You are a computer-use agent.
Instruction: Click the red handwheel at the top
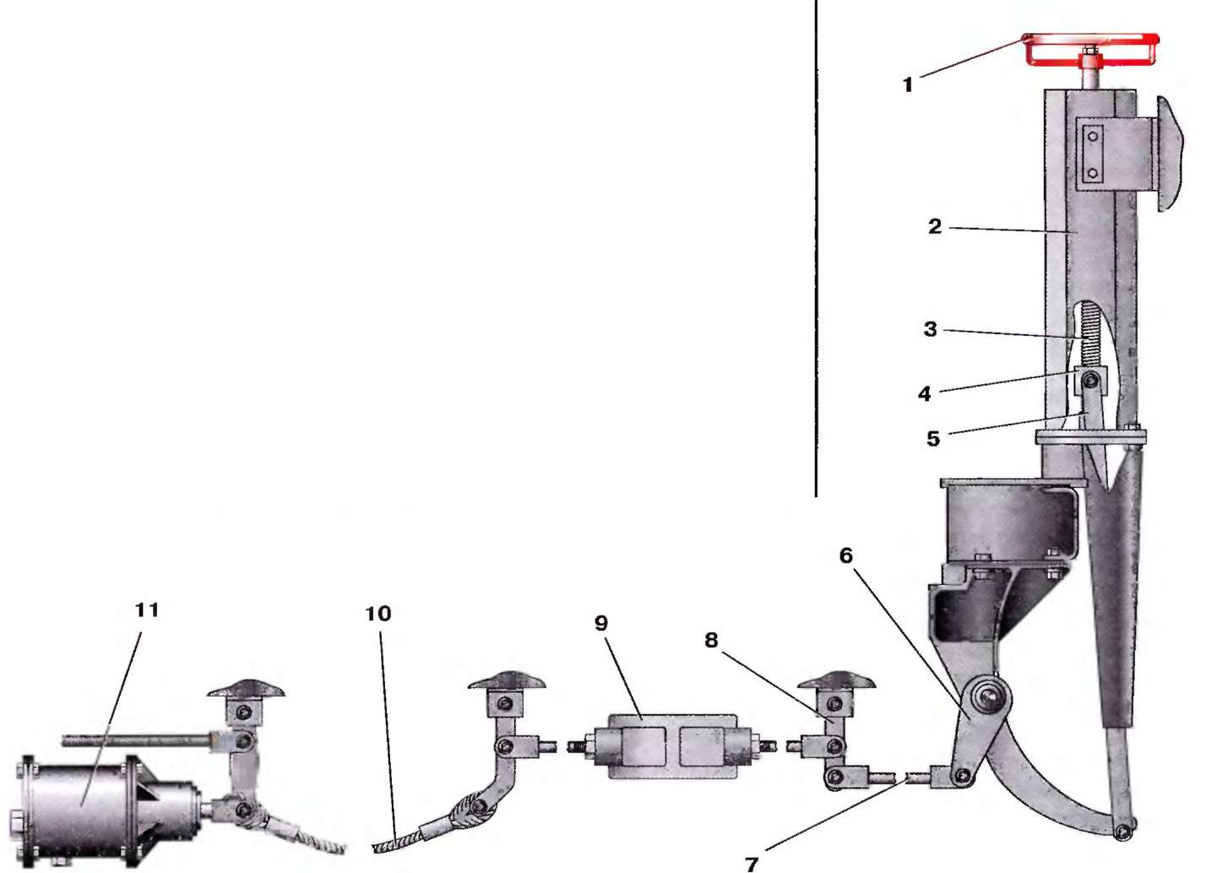[x=1091, y=49]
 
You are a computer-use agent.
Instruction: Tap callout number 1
[x=909, y=84]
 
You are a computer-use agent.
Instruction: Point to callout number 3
[x=931, y=329]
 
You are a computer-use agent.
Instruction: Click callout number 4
[x=925, y=393]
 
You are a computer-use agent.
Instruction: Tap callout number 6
[x=846, y=555]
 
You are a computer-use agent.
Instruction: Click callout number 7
[x=752, y=864]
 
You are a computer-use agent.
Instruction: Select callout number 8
[x=711, y=640]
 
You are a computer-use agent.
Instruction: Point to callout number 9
[x=601, y=622]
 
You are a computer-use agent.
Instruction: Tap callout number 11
[x=147, y=610]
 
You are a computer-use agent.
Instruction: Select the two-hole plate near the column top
[x=1093, y=155]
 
